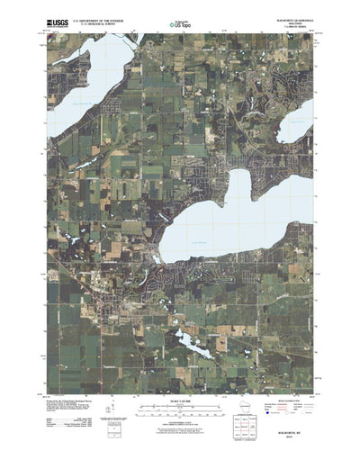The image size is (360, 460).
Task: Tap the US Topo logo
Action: point(181,16)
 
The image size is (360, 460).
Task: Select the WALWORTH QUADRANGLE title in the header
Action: point(298,13)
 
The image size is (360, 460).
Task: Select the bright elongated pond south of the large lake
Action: point(194,341)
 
